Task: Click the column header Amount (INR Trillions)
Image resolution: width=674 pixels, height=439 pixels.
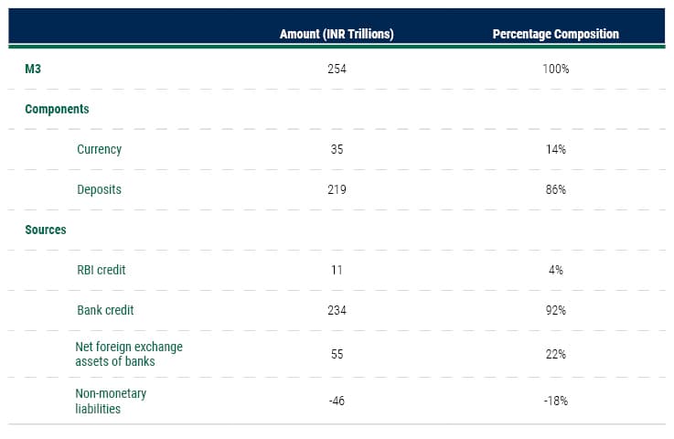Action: [x=336, y=34]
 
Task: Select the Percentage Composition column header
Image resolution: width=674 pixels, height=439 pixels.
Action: [x=555, y=34]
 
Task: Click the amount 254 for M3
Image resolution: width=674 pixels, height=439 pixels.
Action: [x=337, y=69]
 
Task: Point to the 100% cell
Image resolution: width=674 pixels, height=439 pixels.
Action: [x=555, y=69]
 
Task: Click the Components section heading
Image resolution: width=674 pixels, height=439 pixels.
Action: [x=57, y=109]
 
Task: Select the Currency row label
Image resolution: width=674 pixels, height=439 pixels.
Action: [x=99, y=149]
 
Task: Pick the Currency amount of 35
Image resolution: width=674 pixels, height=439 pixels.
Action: [x=337, y=149]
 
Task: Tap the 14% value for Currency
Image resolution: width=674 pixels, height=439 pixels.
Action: [x=555, y=149]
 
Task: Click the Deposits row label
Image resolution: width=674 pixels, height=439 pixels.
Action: [x=99, y=189]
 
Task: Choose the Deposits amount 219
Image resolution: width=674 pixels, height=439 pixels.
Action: [x=337, y=189]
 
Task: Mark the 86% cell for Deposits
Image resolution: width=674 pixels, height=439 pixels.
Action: [x=555, y=189]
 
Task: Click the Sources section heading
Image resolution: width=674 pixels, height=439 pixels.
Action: [x=46, y=230]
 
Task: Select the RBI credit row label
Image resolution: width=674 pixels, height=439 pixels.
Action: [x=102, y=270]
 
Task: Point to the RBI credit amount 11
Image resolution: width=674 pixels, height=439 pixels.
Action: [x=337, y=270]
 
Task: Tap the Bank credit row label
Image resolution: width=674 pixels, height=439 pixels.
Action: [x=105, y=310]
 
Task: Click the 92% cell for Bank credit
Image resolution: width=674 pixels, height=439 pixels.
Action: [x=555, y=310]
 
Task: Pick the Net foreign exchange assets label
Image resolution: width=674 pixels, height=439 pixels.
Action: [x=129, y=353]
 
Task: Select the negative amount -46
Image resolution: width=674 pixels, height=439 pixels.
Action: [x=337, y=401]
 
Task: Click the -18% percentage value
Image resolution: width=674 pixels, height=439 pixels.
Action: [x=555, y=401]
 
